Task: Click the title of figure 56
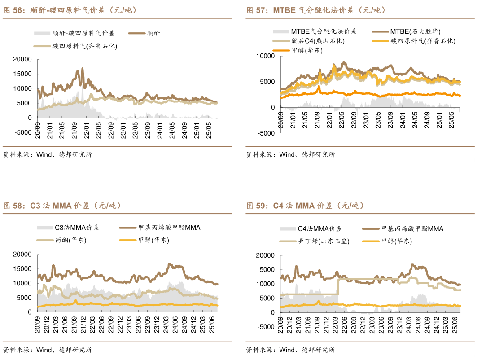(70, 10)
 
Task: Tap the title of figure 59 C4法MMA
(305, 206)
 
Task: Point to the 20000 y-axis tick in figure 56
(22, 59)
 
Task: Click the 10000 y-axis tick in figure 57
(265, 56)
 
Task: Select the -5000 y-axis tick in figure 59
(265, 327)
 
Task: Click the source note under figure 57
(290, 154)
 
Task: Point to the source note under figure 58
(47, 350)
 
